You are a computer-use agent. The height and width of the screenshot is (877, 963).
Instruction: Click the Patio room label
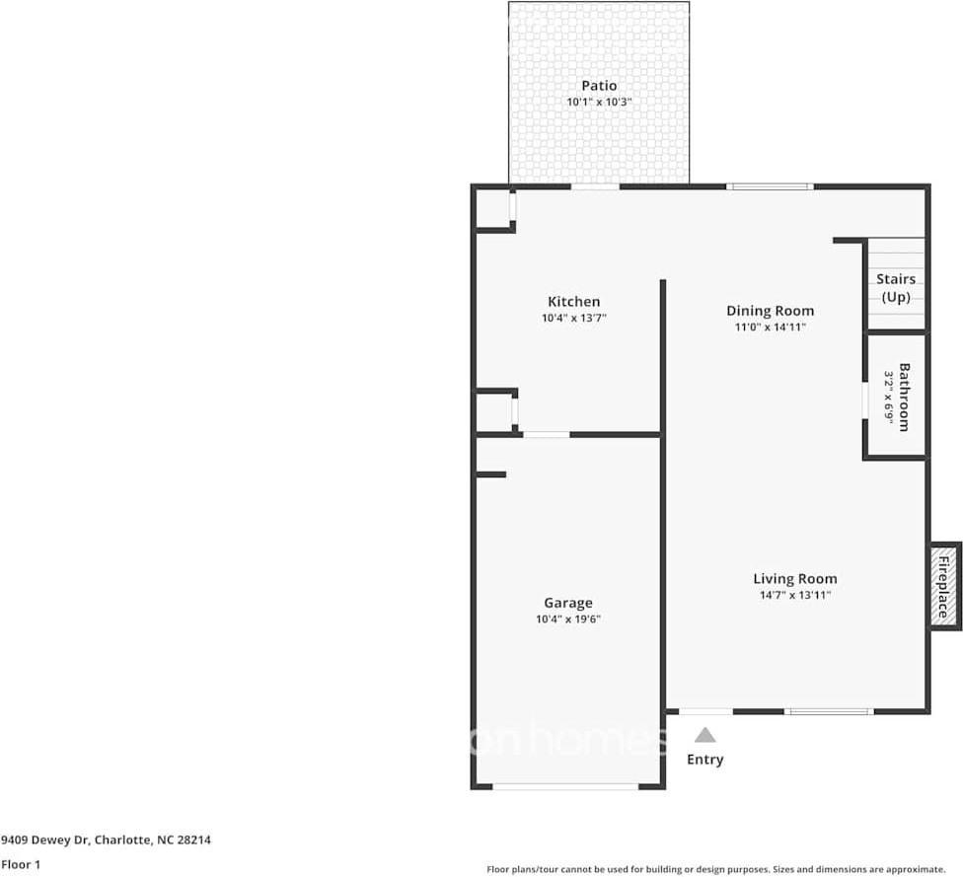pyautogui.click(x=598, y=86)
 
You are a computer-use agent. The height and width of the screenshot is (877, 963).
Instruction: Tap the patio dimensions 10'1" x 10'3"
pyautogui.click(x=598, y=102)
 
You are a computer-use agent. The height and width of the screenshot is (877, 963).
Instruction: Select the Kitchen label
pyautogui.click(x=573, y=302)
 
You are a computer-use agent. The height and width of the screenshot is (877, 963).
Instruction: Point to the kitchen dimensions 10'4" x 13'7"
pyautogui.click(x=573, y=318)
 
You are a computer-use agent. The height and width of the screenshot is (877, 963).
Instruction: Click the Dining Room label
pyautogui.click(x=770, y=311)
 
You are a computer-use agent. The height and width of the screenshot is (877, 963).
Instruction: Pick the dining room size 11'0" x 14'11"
pyautogui.click(x=770, y=327)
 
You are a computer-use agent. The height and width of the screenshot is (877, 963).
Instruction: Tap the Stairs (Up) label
pyautogui.click(x=896, y=288)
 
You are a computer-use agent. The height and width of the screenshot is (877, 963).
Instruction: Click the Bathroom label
pyautogui.click(x=904, y=398)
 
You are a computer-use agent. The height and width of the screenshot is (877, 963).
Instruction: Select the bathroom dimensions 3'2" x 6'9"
pyautogui.click(x=888, y=398)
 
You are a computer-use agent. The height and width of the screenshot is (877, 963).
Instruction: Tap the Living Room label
pyautogui.click(x=794, y=579)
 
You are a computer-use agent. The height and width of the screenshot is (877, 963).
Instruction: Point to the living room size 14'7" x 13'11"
pyautogui.click(x=794, y=595)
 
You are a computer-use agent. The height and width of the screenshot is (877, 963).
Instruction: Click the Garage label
pyautogui.click(x=568, y=603)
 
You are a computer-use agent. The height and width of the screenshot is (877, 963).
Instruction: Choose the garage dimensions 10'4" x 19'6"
pyautogui.click(x=568, y=619)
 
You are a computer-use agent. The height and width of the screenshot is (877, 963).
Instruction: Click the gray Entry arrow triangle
pyautogui.click(x=704, y=735)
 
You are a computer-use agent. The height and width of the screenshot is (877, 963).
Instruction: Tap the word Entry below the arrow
pyautogui.click(x=704, y=760)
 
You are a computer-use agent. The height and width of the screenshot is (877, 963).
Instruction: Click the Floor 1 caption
pyautogui.click(x=20, y=864)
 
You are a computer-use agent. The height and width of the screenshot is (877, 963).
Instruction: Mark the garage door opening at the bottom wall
pyautogui.click(x=565, y=786)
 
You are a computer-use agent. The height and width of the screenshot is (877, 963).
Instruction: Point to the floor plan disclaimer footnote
pyautogui.click(x=715, y=869)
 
